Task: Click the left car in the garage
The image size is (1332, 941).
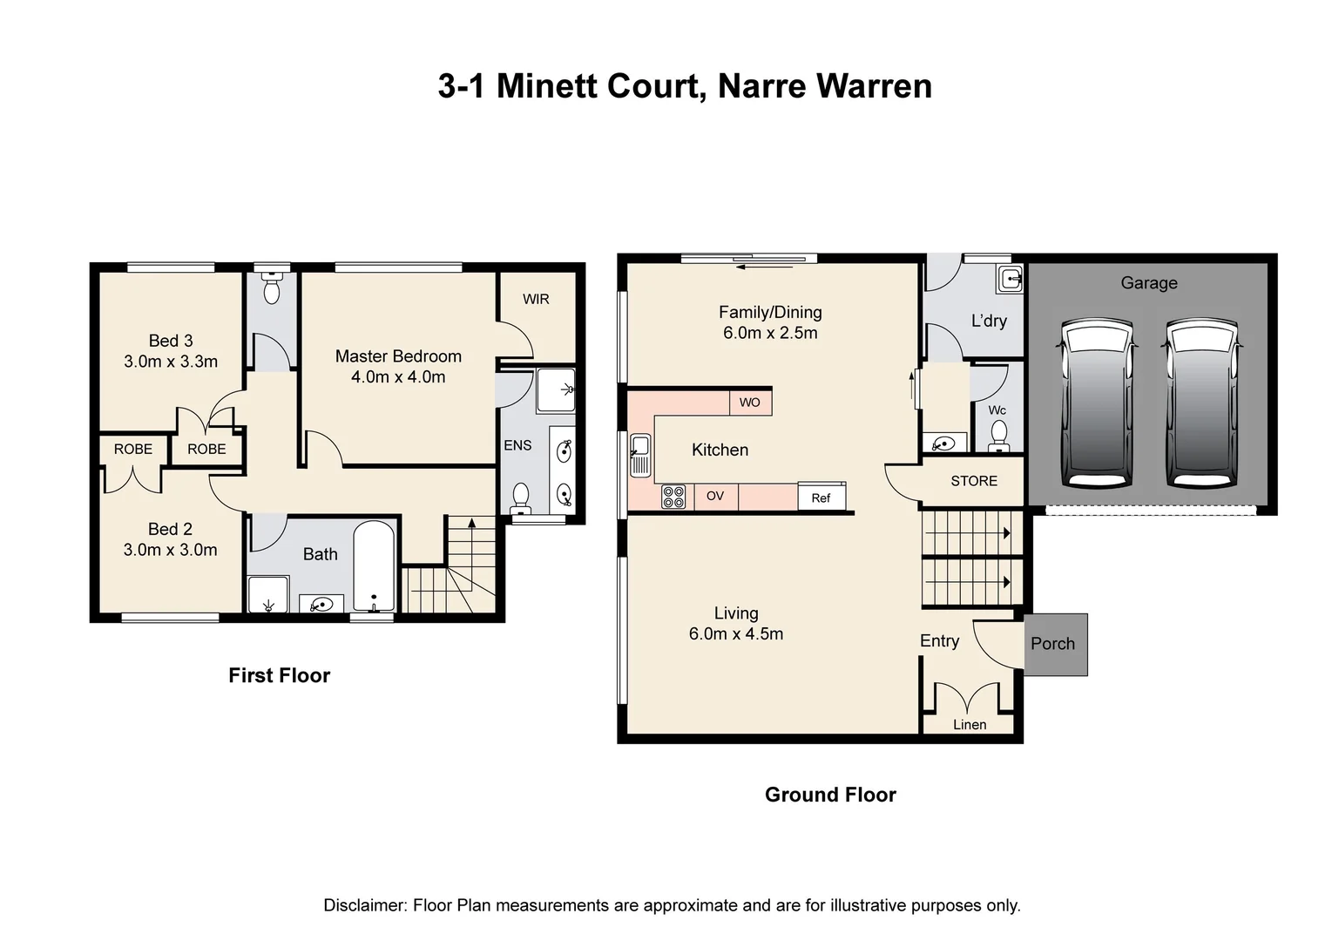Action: (1097, 403)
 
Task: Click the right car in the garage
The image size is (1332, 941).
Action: (1202, 403)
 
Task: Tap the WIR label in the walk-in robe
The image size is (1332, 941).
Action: (536, 299)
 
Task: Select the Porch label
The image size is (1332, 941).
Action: (1052, 644)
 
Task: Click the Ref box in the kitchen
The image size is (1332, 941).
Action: (821, 498)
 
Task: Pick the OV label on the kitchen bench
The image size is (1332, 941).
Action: (714, 496)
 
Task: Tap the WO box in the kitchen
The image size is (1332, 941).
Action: (749, 402)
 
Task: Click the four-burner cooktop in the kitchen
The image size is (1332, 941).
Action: (673, 497)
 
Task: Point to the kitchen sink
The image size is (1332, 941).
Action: (640, 455)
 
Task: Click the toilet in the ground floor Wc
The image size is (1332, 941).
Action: (998, 433)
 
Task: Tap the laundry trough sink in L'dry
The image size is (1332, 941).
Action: (1010, 279)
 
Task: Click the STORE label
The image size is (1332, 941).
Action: (973, 481)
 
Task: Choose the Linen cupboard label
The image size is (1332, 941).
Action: (970, 724)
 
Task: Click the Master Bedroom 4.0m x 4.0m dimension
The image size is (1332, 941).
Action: (398, 377)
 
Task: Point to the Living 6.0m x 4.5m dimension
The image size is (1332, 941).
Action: (735, 634)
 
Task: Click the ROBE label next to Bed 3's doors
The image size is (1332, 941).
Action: (206, 449)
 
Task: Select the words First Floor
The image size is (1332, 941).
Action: (279, 675)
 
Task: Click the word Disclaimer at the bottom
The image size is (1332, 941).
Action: (363, 905)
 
